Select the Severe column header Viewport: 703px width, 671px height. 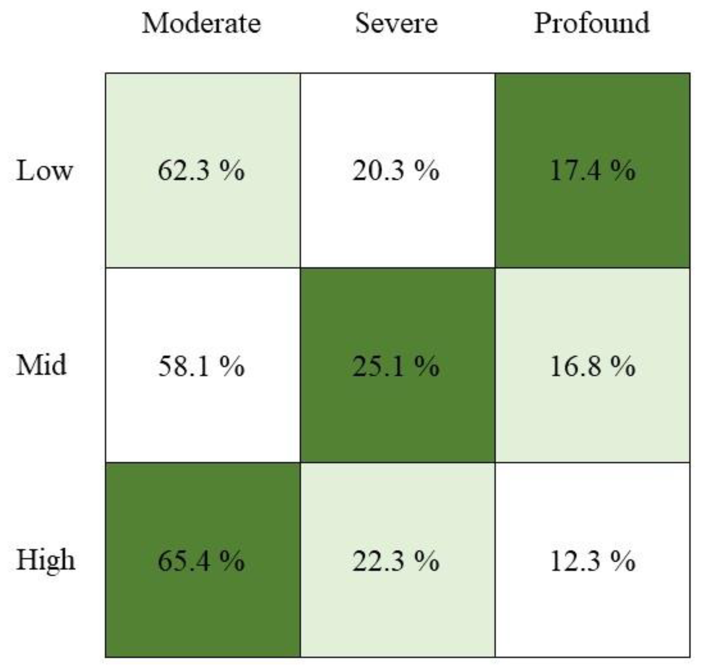[x=396, y=24]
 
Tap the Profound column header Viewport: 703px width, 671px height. [x=591, y=24]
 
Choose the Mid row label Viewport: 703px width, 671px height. [x=41, y=365]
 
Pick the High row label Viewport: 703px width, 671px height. [x=46, y=560]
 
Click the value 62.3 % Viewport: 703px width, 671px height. [x=201, y=171]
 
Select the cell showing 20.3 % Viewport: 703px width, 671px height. [x=396, y=171]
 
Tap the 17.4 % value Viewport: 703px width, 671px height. [x=592, y=171]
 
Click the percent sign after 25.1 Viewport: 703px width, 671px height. [x=427, y=366]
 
